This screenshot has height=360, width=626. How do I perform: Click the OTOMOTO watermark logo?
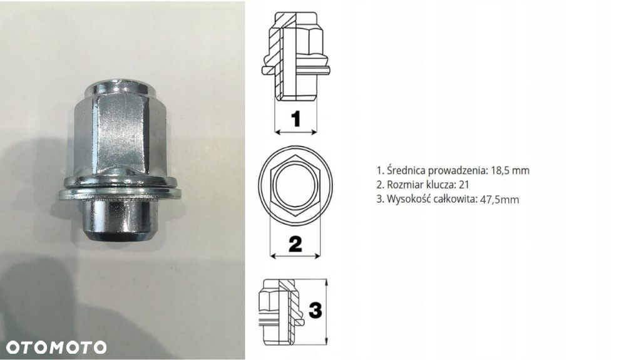point(56,347)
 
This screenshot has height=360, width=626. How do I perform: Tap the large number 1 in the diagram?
point(297,118)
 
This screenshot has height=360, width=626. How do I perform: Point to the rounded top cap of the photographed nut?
point(120,86)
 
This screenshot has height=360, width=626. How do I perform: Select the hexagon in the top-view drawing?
point(295,185)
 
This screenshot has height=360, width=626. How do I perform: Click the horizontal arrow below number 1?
point(297,131)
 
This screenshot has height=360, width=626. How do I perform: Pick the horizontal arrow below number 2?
point(295,255)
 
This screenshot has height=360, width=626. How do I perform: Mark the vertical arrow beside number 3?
point(326,309)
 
